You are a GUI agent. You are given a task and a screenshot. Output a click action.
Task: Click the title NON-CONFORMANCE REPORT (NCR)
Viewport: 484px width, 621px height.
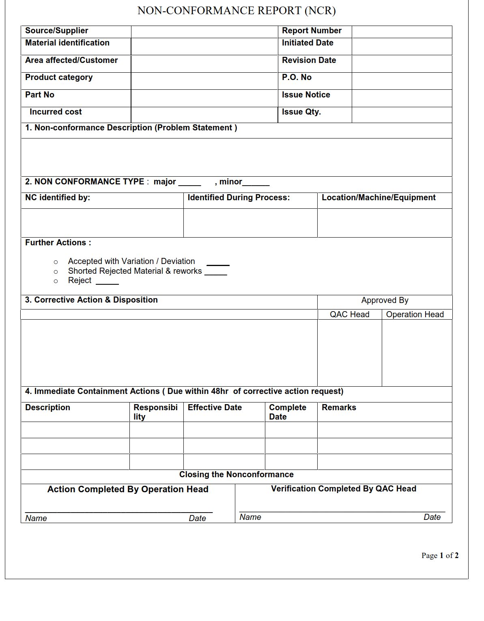[237, 11]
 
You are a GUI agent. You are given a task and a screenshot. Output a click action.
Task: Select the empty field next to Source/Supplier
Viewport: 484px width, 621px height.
[204, 32]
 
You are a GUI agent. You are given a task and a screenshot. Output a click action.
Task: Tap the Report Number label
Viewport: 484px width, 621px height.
[312, 31]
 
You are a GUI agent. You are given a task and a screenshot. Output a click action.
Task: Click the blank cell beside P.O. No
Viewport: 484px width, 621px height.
[402, 81]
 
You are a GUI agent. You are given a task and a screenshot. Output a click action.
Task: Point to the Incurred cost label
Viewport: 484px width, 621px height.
[56, 112]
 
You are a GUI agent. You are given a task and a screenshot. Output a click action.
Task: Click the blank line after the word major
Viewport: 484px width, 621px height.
[189, 183]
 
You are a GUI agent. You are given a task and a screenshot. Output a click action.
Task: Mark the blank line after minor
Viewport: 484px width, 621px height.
[256, 183]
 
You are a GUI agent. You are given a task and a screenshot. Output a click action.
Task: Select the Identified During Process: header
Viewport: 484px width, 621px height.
[239, 198]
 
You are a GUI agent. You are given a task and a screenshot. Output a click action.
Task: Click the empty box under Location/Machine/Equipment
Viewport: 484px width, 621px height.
[384, 223]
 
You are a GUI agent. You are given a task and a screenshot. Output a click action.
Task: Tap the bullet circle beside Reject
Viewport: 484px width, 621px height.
[56, 281]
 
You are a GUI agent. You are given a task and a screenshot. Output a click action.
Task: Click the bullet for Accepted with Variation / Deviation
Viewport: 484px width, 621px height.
[56, 262]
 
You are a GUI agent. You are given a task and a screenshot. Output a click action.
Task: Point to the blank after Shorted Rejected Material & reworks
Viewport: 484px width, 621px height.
[216, 273]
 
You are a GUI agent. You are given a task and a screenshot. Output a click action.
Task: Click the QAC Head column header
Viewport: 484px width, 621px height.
[349, 314]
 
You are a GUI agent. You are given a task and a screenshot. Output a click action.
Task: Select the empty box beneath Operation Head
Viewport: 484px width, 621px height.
[417, 353]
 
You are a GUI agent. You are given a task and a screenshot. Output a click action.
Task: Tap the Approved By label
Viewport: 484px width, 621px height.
[385, 301]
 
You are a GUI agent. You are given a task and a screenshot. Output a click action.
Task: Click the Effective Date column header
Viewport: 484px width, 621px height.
[215, 408]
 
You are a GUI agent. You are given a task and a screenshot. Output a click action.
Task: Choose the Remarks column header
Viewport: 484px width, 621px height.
[339, 408]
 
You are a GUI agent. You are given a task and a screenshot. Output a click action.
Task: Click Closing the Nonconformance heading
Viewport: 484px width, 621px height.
[236, 475]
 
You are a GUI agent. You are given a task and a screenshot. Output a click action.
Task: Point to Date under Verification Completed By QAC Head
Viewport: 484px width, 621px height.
[432, 517]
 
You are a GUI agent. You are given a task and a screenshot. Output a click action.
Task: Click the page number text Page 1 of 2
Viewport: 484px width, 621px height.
[440, 556]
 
